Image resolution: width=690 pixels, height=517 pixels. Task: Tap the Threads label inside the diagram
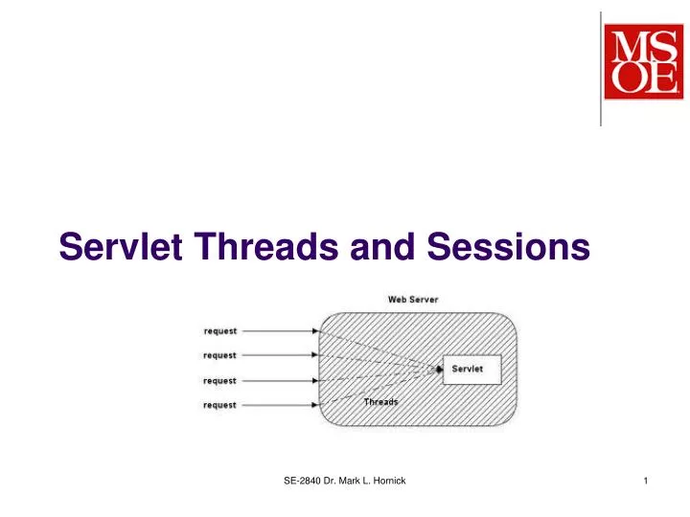(x=380, y=402)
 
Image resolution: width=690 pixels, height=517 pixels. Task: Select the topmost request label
(x=220, y=331)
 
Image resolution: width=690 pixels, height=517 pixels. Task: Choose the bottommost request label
(x=220, y=405)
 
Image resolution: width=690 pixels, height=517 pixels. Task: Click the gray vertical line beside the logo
(x=601, y=67)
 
